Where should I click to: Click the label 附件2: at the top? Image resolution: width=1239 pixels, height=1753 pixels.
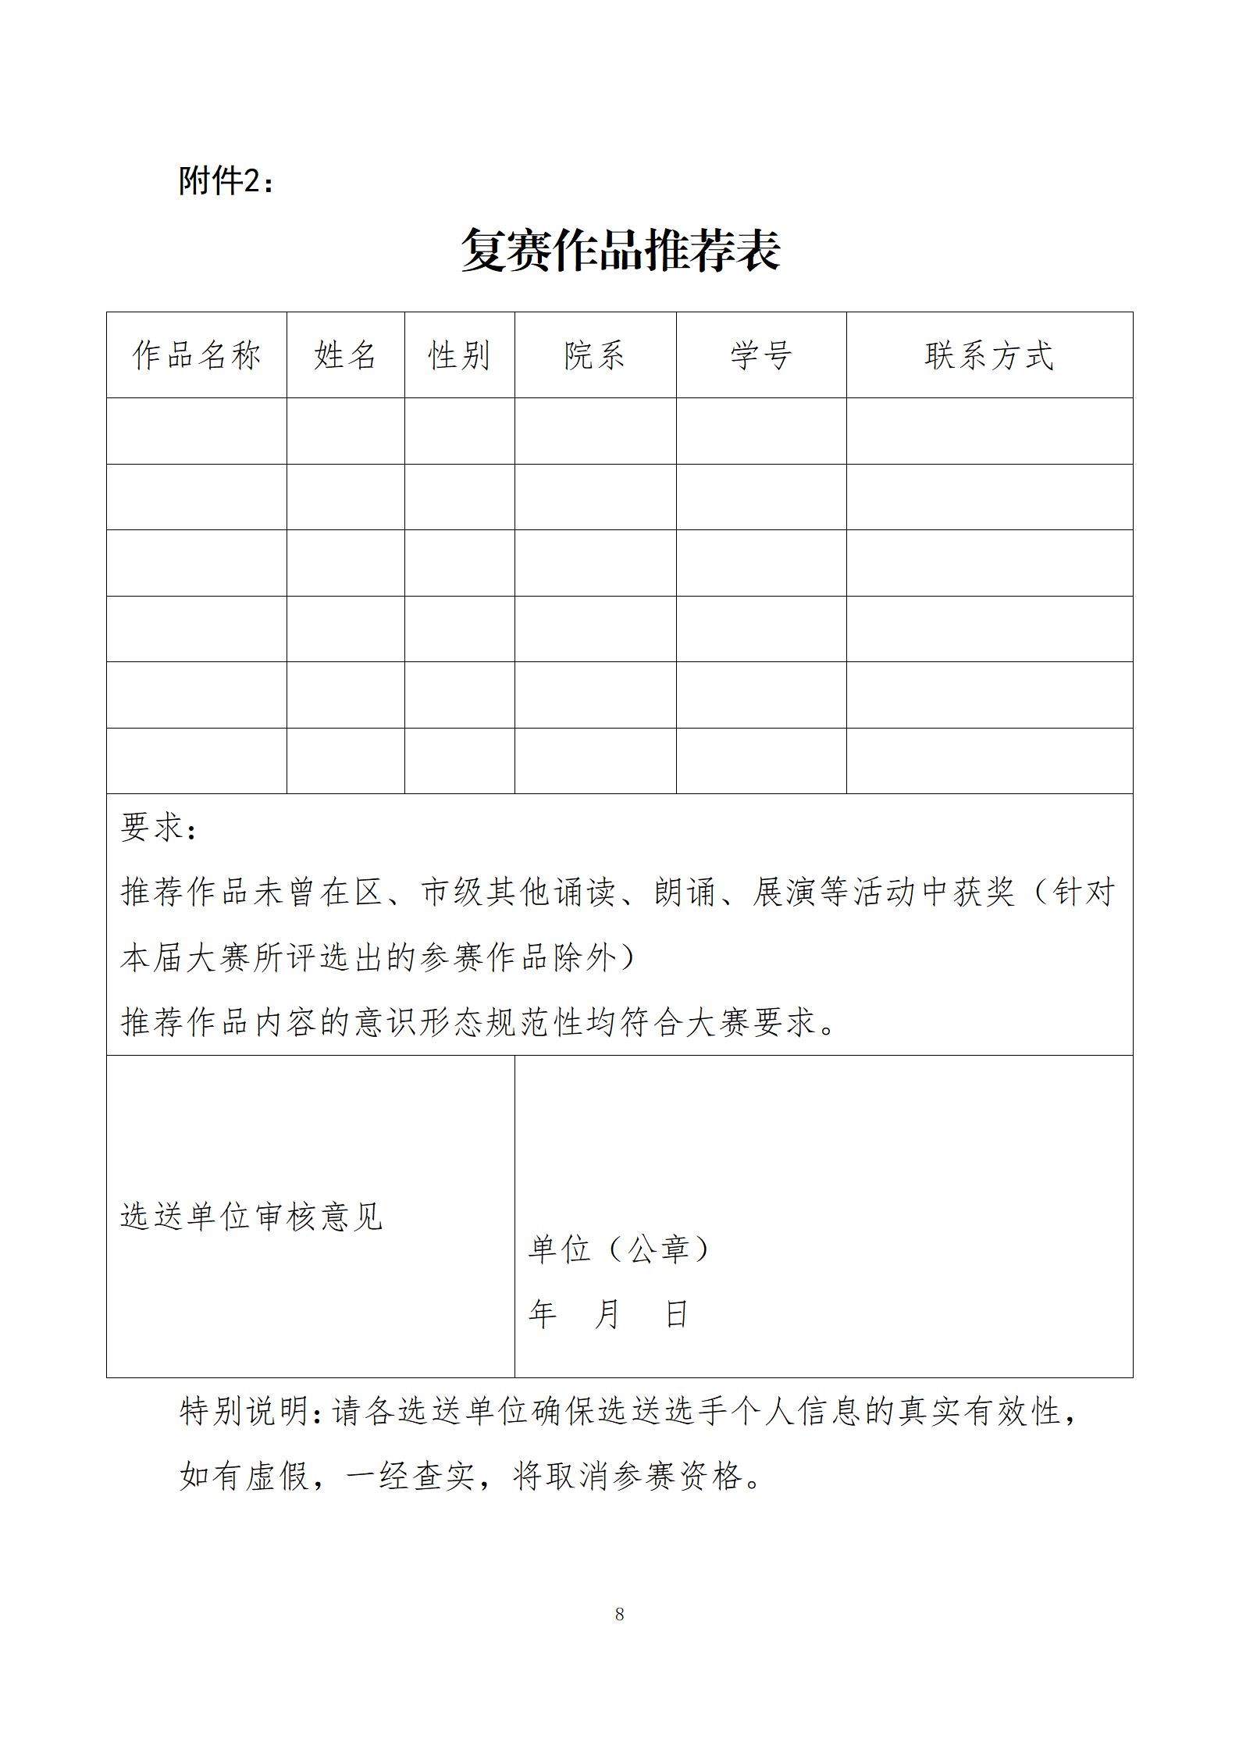tap(226, 181)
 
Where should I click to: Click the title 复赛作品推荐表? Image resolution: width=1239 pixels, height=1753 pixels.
tap(620, 251)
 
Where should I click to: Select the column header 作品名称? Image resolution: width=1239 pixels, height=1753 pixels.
tap(196, 355)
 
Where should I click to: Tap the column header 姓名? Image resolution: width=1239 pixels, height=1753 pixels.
tap(345, 355)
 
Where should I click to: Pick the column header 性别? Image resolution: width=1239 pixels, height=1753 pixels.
tap(459, 355)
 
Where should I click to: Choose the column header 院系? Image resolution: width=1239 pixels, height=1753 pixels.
tap(595, 355)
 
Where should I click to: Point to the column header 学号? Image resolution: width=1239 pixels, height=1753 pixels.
tap(761, 355)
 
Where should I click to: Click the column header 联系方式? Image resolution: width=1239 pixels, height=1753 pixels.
tap(989, 355)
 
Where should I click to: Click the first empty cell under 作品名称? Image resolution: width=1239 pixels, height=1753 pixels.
tap(196, 431)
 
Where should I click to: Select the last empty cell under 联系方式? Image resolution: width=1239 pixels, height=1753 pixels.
tap(989, 761)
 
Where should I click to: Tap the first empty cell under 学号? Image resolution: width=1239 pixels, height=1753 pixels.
tap(761, 431)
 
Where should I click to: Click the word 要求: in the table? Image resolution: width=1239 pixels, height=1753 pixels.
tap(159, 828)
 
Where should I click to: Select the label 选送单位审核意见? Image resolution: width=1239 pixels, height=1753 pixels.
tap(251, 1216)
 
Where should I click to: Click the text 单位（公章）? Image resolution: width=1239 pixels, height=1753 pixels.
tap(620, 1249)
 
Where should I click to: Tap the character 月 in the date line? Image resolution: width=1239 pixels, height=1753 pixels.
tap(607, 1315)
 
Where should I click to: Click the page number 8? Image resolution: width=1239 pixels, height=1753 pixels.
tap(619, 1614)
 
